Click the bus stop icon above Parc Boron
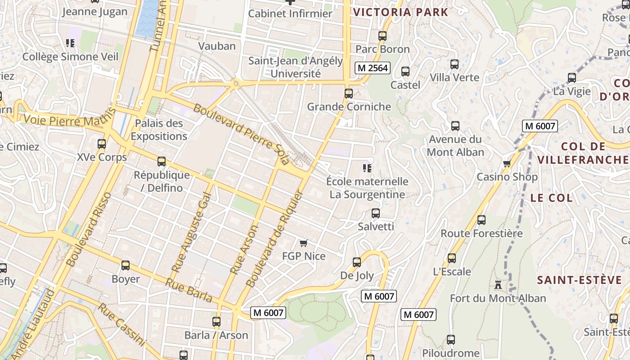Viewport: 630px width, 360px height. [x=382, y=36]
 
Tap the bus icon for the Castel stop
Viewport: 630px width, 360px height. [x=405, y=71]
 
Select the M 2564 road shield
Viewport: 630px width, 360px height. [x=372, y=68]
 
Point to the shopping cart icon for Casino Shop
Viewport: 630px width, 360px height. [x=507, y=163]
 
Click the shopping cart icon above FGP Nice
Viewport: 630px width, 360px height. [x=303, y=243]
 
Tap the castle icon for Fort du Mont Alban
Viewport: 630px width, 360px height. [x=498, y=284]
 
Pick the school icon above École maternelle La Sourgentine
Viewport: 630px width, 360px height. [x=367, y=168]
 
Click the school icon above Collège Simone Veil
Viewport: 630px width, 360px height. [x=70, y=43]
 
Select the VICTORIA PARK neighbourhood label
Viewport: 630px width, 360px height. [x=400, y=12]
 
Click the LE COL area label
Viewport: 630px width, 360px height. [x=551, y=198]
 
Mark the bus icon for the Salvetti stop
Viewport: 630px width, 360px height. [x=376, y=213]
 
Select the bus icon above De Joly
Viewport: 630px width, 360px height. [x=357, y=262]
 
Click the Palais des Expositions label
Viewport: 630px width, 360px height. [x=159, y=130]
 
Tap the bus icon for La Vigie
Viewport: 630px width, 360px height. [x=572, y=77]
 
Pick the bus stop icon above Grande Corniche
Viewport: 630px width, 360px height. [x=349, y=93]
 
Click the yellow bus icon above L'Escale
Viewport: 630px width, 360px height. [x=452, y=258]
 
